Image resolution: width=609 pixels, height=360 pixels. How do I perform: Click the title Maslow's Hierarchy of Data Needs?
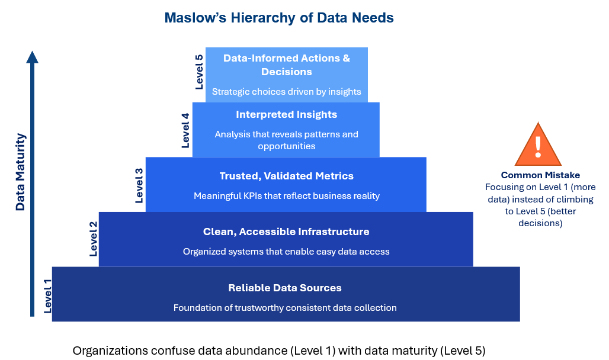pos(279,18)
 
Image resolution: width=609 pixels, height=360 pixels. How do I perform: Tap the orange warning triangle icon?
pos(538,145)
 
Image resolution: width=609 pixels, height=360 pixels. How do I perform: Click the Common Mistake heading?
pos(540,175)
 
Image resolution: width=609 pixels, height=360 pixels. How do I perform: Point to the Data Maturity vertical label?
pos(20,172)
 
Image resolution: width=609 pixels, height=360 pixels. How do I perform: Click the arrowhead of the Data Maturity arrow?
pos(32,57)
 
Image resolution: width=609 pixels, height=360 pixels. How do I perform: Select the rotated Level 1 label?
pos(47,296)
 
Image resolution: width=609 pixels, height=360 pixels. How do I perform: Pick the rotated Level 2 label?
pos(93,239)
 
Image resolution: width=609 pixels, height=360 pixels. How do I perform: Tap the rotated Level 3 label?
pos(139,186)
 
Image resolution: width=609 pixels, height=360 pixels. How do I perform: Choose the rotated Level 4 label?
pos(185,130)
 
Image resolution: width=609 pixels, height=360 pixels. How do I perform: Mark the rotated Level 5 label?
pos(199,72)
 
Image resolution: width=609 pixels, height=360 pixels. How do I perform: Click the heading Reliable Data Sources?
pos(285,288)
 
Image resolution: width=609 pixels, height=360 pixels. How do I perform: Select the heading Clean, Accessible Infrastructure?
pos(286,232)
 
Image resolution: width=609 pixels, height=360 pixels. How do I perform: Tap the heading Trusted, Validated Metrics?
pos(287,176)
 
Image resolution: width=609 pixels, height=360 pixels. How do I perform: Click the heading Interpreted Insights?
pos(287,114)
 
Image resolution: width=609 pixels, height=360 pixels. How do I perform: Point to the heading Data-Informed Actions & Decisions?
pos(287,65)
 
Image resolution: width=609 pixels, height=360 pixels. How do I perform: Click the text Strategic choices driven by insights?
pos(287,92)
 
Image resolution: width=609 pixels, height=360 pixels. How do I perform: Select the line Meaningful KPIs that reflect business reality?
pos(287,196)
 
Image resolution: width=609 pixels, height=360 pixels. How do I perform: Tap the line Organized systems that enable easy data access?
pos(286,252)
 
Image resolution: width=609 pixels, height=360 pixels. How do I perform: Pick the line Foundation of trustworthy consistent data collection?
pos(285,307)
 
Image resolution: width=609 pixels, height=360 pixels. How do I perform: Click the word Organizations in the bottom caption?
pos(110,351)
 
